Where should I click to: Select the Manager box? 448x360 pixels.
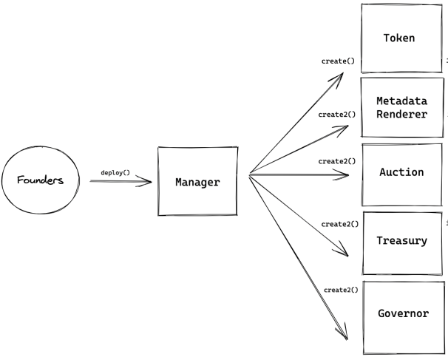click(x=197, y=181)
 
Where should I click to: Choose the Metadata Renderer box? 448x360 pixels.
click(x=402, y=107)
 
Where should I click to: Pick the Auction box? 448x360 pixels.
click(x=402, y=172)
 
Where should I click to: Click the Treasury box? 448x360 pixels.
click(x=402, y=242)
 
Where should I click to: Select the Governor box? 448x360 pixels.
click(x=402, y=313)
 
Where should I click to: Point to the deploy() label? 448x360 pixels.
click(x=115, y=172)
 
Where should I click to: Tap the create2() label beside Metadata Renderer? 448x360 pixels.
click(x=336, y=115)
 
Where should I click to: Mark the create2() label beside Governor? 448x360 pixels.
click(x=341, y=289)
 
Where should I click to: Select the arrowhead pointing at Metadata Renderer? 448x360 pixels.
click(x=343, y=128)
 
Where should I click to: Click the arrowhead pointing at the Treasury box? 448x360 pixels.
click(x=342, y=251)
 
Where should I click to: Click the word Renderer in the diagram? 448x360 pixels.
click(x=402, y=114)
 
